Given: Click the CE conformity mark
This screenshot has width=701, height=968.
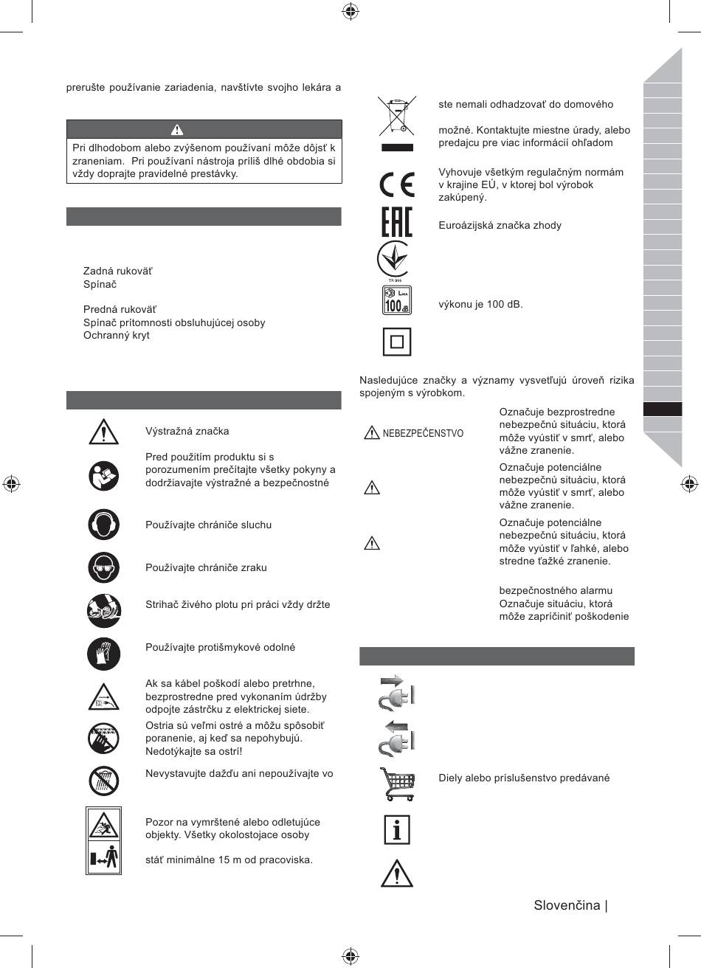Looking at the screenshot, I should click(396, 184).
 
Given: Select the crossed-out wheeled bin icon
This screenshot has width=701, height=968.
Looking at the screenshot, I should click(396, 116).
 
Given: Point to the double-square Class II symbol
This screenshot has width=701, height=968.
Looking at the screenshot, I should click(396, 342).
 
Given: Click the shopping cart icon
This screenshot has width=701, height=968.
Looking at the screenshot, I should click(396, 784).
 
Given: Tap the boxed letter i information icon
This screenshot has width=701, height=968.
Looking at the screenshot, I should click(396, 829).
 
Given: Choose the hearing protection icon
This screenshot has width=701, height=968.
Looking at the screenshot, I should click(103, 525).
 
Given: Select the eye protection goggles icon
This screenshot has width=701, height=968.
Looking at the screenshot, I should click(103, 567).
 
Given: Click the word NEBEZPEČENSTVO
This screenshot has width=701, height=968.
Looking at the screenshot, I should click(423, 433).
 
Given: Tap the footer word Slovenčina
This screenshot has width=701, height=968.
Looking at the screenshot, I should click(567, 905).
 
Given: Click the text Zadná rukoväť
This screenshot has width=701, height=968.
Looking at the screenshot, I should click(118, 272).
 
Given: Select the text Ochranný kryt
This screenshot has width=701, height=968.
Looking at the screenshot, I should click(116, 335).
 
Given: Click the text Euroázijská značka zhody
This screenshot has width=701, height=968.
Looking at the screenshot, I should click(500, 225).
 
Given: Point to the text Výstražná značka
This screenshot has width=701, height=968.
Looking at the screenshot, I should click(187, 431).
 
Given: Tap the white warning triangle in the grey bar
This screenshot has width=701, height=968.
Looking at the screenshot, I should click(177, 130).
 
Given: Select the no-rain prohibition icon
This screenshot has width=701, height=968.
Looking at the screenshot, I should click(103, 779).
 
